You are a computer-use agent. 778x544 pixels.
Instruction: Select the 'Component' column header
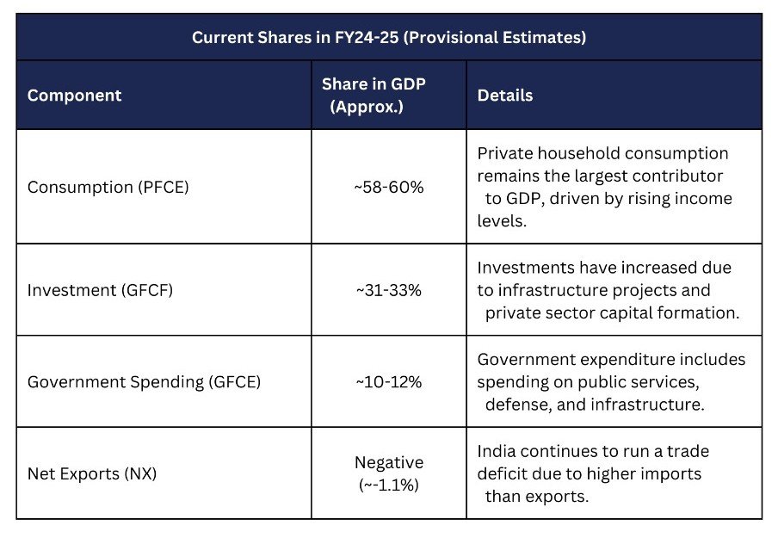[74, 96]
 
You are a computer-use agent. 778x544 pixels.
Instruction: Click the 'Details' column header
[505, 96]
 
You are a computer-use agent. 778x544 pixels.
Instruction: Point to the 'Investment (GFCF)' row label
[100, 290]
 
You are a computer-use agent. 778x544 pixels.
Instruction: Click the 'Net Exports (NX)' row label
[91, 473]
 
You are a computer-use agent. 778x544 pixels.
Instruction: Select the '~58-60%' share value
[389, 187]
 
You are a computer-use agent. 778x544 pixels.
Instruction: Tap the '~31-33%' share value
[389, 290]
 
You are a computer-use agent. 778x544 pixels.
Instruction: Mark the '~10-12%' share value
[389, 381]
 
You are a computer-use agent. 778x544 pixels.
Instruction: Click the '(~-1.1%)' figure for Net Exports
[389, 485]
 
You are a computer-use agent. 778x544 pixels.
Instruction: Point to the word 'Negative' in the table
[389, 463]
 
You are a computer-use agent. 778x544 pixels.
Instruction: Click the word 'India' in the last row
[497, 451]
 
